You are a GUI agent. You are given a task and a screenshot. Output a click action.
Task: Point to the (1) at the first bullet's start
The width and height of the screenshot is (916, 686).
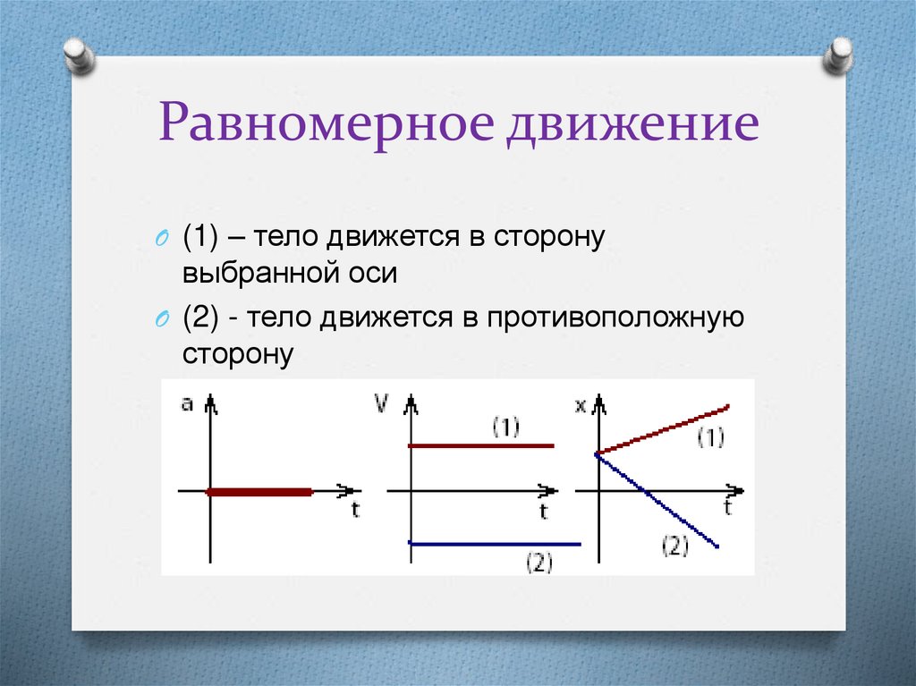click(201, 238)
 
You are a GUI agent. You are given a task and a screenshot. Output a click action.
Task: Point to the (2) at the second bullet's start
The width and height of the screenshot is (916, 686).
click(201, 319)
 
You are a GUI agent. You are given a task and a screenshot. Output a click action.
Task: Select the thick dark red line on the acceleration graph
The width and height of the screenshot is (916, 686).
click(259, 491)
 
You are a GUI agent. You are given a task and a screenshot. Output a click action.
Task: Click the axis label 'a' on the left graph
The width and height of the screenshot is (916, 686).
click(187, 403)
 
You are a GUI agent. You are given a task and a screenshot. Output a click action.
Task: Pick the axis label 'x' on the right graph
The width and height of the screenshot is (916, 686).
click(580, 405)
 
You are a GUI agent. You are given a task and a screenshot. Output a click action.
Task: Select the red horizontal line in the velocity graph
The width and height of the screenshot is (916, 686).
click(480, 445)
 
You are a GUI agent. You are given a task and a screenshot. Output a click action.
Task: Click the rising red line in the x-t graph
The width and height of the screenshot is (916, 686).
click(662, 431)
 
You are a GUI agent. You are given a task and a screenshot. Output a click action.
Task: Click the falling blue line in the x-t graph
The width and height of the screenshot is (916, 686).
click(657, 501)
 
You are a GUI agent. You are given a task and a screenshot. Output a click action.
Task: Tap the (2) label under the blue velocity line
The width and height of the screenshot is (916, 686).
click(539, 563)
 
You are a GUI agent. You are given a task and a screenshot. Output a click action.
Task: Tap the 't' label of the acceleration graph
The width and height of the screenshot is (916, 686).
click(355, 511)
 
